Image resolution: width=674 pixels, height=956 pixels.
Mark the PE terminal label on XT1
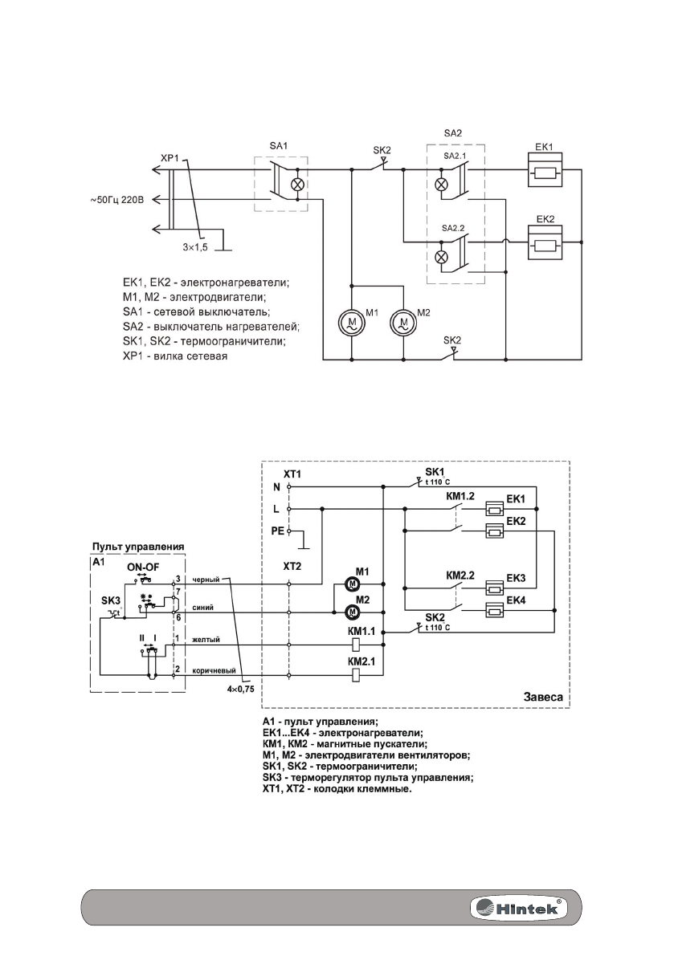[x=276, y=531]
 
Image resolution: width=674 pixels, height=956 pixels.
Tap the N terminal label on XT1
[x=276, y=486]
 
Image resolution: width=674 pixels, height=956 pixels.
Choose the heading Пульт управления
[x=137, y=546]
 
